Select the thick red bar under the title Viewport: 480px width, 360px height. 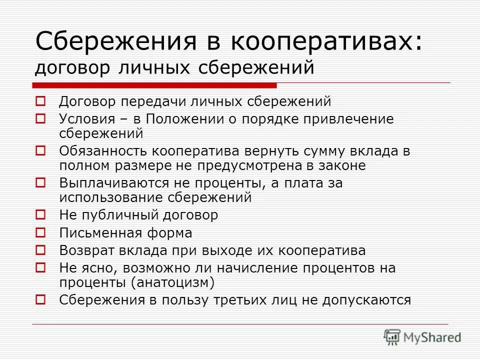155,84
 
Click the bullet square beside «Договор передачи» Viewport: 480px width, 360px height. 41,101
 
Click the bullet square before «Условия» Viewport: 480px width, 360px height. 41,119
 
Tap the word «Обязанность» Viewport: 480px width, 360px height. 103,151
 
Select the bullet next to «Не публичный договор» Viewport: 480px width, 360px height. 41,215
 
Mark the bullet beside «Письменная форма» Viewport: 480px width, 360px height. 41,233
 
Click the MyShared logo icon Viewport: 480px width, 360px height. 392,337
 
